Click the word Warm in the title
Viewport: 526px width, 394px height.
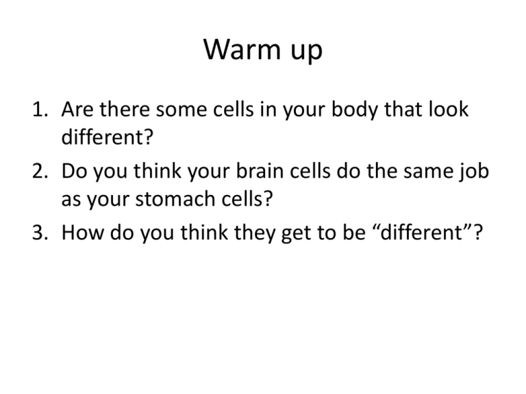[242, 49]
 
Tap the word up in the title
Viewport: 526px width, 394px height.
[307, 52]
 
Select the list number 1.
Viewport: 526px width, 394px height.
[40, 109]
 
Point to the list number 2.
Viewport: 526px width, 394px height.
[40, 170]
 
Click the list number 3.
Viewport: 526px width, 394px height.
[40, 232]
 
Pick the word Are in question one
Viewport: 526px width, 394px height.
[77, 109]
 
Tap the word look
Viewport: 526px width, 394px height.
[449, 109]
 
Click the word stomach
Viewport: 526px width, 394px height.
[175, 198]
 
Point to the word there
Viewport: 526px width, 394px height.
[125, 109]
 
